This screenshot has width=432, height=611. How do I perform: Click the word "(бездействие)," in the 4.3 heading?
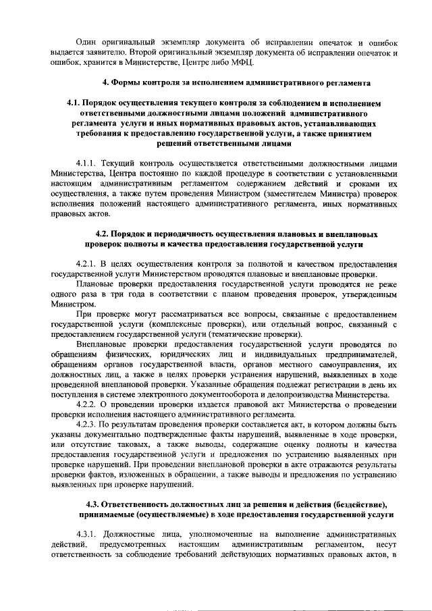point(357,504)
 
